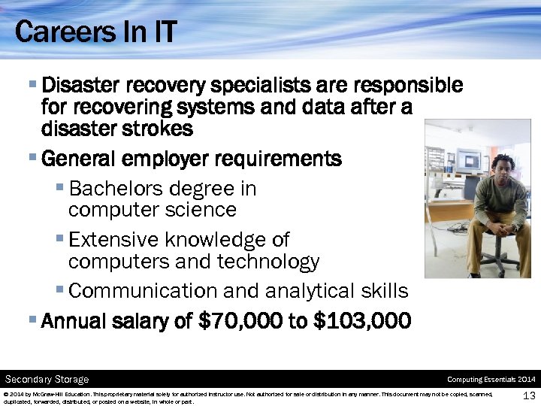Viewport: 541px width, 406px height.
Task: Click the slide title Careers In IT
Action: tap(95, 32)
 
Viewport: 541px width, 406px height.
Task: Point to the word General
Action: tap(79, 159)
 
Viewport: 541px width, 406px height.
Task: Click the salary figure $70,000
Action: tap(239, 322)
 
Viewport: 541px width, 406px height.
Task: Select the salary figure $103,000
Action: tap(361, 322)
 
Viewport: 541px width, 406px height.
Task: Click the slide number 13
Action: tap(527, 395)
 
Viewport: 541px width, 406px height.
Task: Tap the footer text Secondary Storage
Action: tap(47, 379)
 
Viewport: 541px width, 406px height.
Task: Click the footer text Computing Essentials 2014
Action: tap(491, 379)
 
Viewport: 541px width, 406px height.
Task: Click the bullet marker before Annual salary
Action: tap(32, 320)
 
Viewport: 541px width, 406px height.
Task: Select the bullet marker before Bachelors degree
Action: tap(59, 186)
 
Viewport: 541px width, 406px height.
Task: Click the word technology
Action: tap(268, 262)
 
